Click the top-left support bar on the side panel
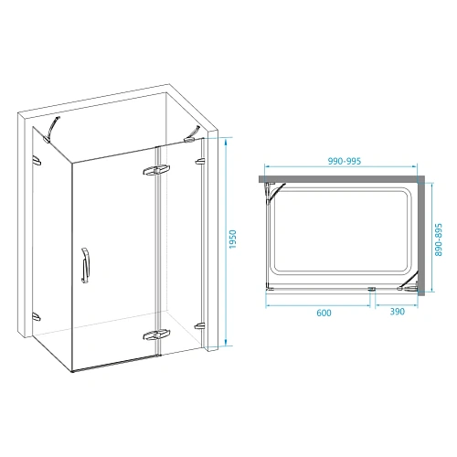click(54, 125)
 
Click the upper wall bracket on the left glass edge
click(38, 161)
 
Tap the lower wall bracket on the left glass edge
click(37, 316)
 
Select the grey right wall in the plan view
click(423, 235)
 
